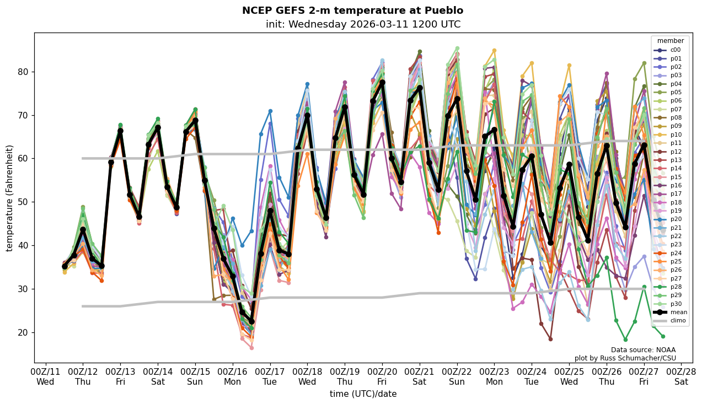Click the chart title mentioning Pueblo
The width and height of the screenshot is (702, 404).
pos(352,10)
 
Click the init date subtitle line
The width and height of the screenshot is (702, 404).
pos(363,24)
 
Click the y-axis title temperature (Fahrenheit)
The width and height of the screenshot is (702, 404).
pos(10,198)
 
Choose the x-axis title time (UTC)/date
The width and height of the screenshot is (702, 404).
pos(363,394)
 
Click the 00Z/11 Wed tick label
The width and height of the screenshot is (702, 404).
pos(45,376)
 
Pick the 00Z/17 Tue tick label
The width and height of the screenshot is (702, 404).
pos(270,376)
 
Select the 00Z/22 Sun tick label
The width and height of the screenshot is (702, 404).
pos(457,376)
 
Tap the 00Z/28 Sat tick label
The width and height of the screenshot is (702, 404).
pos(681,376)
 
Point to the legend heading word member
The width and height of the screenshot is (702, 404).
pos(670,41)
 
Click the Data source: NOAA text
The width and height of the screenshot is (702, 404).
pos(643,350)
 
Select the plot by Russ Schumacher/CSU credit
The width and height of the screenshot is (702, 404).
pos(625,358)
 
